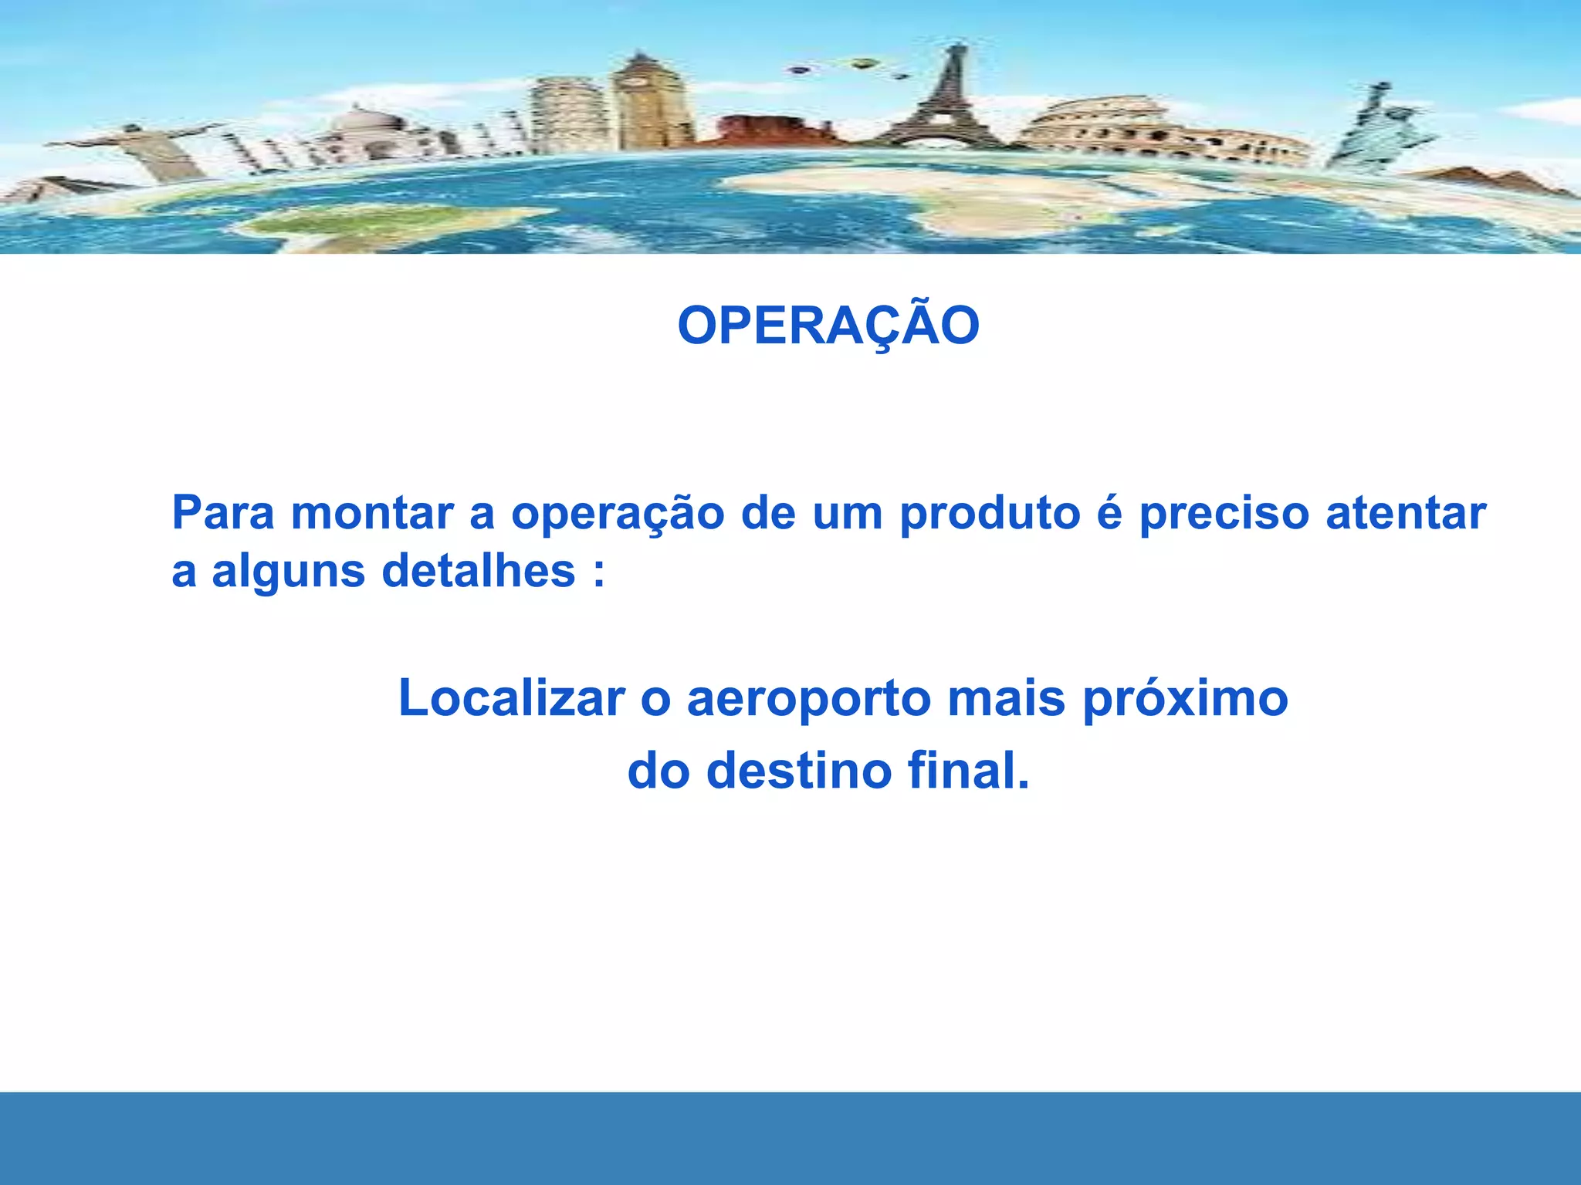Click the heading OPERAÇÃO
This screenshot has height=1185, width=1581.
pyautogui.click(x=828, y=326)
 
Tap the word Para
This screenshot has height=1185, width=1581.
pyautogui.click(x=222, y=513)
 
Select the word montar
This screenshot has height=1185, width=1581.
pyautogui.click(x=372, y=513)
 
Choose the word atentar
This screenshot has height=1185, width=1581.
pyautogui.click(x=1406, y=513)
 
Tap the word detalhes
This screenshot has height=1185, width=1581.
pyautogui.click(x=479, y=571)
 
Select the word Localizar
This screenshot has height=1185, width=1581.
pyautogui.click(x=511, y=699)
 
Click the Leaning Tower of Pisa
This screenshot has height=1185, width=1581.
pyautogui.click(x=567, y=116)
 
